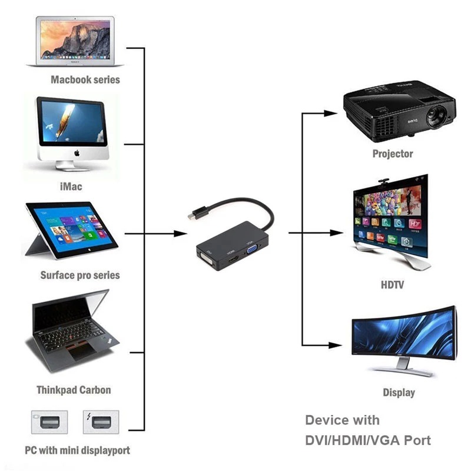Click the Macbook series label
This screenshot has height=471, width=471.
85,79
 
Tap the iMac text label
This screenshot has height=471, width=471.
71,186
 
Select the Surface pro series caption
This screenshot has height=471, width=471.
79,275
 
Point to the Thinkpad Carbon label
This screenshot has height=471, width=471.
74,390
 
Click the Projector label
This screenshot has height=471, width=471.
393,154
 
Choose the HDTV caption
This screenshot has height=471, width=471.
393,286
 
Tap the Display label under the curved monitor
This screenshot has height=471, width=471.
399,392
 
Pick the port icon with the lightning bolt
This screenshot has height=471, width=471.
101,422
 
